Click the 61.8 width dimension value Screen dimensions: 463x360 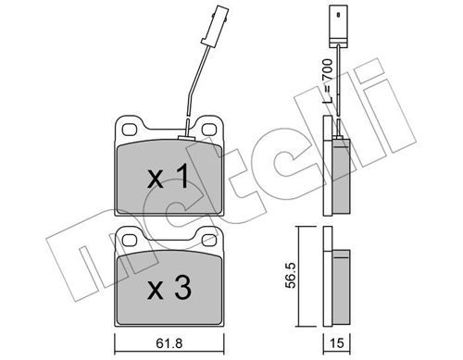tap(169, 343)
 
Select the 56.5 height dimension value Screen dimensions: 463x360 tap(291, 276)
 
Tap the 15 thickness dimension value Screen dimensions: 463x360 tap(337, 343)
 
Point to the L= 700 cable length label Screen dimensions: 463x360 tap(327, 81)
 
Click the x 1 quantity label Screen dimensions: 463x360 tap(168, 177)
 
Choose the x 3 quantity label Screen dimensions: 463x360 tap(169, 288)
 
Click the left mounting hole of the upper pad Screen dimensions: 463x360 tap(130, 130)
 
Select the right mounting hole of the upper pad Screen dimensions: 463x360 tap(209, 130)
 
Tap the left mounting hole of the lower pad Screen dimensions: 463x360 tap(130, 240)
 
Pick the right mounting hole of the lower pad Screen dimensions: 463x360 tap(209, 240)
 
